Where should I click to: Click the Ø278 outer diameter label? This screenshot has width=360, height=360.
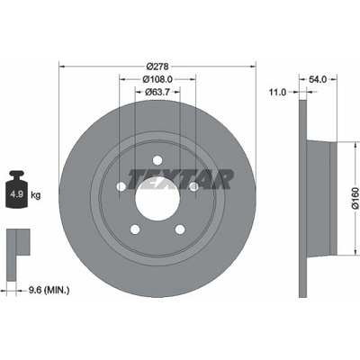(x=157, y=66)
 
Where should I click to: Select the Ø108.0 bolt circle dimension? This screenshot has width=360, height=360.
(x=157, y=79)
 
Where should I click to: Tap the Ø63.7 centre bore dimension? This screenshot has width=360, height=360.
(x=157, y=92)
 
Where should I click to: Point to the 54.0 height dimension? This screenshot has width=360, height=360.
(x=318, y=79)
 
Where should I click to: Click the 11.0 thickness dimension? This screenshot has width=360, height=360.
(x=277, y=92)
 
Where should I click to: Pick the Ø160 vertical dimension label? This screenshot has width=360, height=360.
(x=355, y=198)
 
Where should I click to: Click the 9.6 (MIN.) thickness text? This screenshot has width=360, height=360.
(x=49, y=290)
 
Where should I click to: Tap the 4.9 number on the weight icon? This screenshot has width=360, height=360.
(x=16, y=194)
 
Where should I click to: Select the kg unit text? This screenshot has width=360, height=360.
(x=36, y=195)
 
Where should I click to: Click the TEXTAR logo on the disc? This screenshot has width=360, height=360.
(x=181, y=179)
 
